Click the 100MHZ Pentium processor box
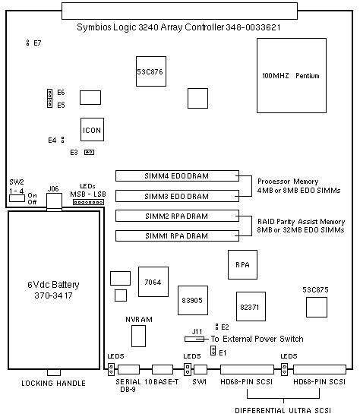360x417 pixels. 292,75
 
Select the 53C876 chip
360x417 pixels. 151,71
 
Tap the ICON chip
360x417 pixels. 92,130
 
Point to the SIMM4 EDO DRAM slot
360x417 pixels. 177,175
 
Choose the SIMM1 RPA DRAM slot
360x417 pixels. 177,236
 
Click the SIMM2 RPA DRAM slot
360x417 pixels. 177,216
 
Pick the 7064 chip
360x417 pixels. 153,282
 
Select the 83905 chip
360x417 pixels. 193,300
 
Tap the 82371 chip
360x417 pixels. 251,306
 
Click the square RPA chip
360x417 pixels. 242,264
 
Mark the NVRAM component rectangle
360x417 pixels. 138,336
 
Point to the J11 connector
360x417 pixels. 194,339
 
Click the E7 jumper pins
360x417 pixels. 27,43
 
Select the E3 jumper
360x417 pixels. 89,153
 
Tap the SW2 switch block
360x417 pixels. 17,198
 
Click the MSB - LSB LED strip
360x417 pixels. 88,202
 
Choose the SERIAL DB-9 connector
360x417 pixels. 128,370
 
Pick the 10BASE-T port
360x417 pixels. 163,370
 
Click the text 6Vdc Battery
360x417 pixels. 53,285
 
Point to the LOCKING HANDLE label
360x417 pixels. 53,384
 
